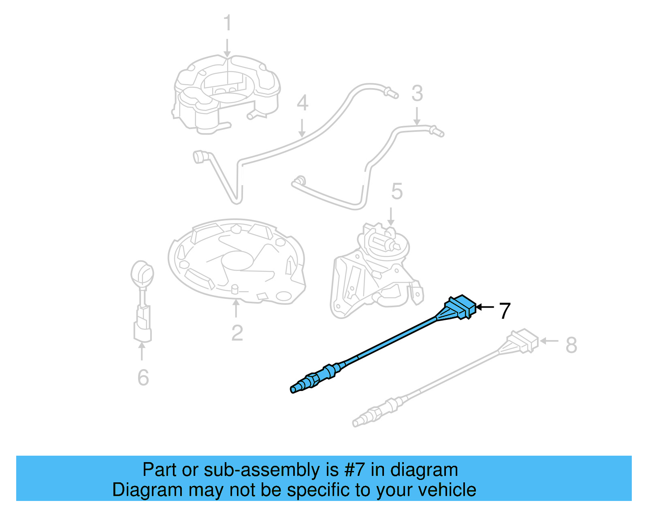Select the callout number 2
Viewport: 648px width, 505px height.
point(237,333)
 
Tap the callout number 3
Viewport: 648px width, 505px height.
point(417,93)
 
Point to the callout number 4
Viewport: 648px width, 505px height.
point(302,103)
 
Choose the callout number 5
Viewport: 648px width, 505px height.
point(396,191)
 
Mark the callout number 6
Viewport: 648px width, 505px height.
point(143,378)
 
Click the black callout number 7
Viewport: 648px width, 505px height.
point(505,311)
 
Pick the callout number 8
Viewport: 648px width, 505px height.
point(571,345)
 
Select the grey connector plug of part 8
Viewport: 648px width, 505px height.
point(524,340)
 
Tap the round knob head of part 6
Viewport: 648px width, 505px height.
point(142,273)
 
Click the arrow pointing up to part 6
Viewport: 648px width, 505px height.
point(142,351)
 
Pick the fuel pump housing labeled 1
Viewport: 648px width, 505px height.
point(227,95)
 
